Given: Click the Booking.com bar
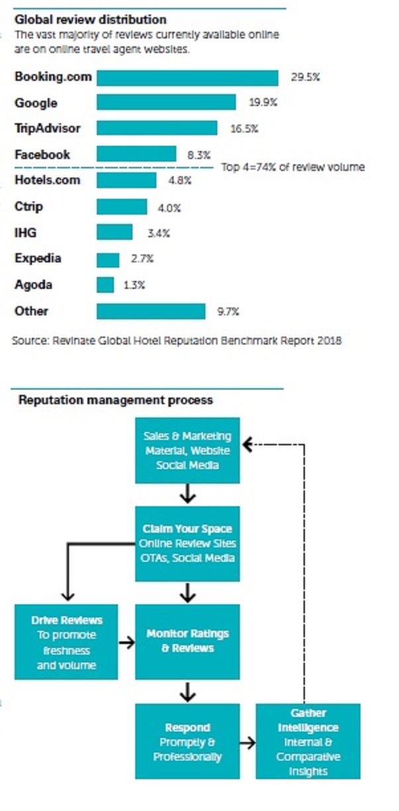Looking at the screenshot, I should click(x=188, y=78).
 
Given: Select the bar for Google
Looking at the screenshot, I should click(x=166, y=103).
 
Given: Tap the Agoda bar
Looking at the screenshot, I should click(x=105, y=285).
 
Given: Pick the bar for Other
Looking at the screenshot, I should click(x=151, y=311).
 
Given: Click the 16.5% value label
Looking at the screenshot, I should click(x=244, y=129).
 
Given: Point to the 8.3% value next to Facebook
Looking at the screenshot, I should click(x=199, y=155).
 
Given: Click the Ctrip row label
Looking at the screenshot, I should click(x=28, y=207).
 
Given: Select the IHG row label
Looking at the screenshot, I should click(x=25, y=233).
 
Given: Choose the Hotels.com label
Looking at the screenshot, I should click(x=47, y=180).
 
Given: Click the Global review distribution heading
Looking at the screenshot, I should click(x=90, y=20).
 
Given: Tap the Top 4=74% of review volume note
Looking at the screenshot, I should click(x=293, y=168).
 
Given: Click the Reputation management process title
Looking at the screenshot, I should click(x=115, y=400).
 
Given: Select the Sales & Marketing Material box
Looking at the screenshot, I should click(x=188, y=451).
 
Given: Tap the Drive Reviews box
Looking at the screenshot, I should click(x=66, y=642).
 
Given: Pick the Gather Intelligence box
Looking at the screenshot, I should click(x=308, y=741).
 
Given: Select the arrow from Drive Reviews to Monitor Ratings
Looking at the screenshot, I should click(x=127, y=642).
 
